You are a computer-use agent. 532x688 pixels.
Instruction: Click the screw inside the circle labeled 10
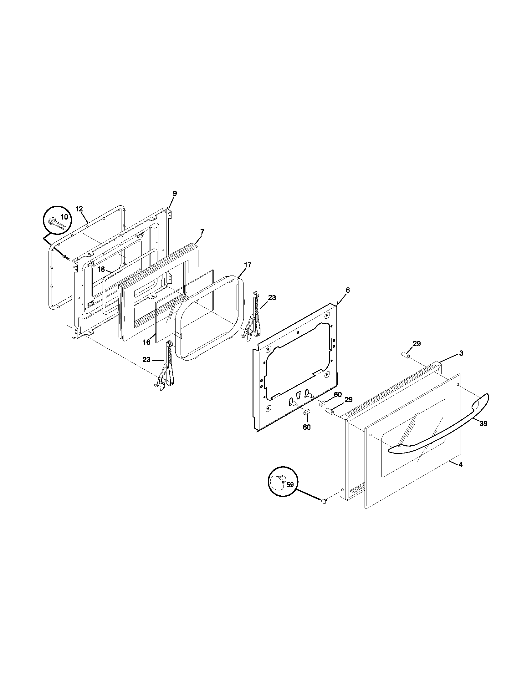(x=58, y=224)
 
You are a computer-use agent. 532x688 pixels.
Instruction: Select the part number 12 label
(x=79, y=209)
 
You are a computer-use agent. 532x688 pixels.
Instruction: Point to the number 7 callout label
(x=202, y=232)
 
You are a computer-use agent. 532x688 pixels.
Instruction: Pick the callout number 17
(x=248, y=265)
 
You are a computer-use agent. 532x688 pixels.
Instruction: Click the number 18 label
(x=101, y=270)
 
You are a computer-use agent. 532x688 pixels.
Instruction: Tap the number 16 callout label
(x=146, y=342)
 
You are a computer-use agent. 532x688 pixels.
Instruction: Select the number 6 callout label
(x=348, y=290)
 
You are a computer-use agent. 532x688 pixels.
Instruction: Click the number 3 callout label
(x=461, y=353)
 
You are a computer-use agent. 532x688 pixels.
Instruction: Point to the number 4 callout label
(x=460, y=473)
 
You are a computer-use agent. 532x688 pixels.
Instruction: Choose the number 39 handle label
(x=483, y=424)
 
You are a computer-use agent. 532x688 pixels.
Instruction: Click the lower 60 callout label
(x=307, y=427)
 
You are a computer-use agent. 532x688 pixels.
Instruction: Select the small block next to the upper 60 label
(x=323, y=403)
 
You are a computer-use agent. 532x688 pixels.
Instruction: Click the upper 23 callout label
(x=272, y=298)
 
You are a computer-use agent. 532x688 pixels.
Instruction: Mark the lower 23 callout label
(x=146, y=359)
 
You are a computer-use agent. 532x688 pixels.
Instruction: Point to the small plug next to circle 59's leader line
(x=323, y=501)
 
